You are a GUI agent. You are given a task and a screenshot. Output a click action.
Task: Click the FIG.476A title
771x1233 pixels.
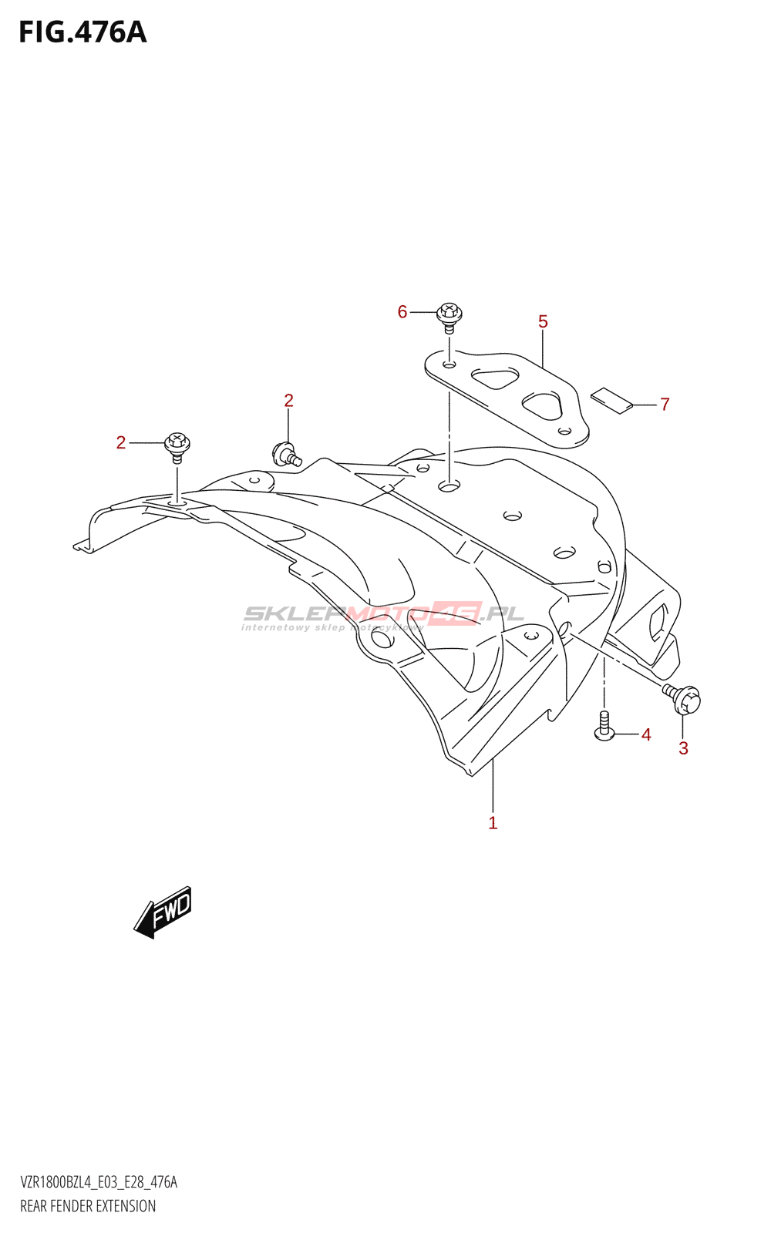[x=82, y=33]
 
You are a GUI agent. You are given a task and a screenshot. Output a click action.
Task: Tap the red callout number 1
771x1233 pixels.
[x=493, y=823]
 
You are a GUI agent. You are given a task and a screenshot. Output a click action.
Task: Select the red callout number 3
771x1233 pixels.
[x=683, y=748]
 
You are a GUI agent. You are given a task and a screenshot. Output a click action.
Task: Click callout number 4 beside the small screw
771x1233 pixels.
[x=646, y=734]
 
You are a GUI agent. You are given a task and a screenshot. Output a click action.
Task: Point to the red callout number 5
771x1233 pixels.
[x=543, y=321]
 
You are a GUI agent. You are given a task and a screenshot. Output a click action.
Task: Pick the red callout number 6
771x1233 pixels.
[x=402, y=312]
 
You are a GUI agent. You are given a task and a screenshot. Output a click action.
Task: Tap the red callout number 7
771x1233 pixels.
[x=665, y=405]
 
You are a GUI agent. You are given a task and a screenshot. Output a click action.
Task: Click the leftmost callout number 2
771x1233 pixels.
[x=121, y=442]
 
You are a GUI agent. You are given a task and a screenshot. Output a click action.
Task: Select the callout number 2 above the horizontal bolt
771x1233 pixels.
[x=288, y=401]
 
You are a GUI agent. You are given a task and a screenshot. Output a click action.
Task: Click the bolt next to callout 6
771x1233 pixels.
[x=449, y=317]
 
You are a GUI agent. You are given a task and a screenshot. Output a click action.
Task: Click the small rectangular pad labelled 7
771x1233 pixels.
[x=612, y=401]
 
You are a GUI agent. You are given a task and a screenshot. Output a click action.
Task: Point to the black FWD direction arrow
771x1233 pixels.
[x=163, y=912]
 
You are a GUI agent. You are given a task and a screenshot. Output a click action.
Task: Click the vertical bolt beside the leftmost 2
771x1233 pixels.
[x=177, y=448]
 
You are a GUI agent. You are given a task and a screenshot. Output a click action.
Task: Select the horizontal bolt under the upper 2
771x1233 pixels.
[x=287, y=454]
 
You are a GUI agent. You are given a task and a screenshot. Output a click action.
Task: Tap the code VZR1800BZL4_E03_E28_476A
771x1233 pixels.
[x=99, y=1182]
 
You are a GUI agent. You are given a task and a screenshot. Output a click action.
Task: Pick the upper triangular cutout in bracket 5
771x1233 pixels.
[x=494, y=378]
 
